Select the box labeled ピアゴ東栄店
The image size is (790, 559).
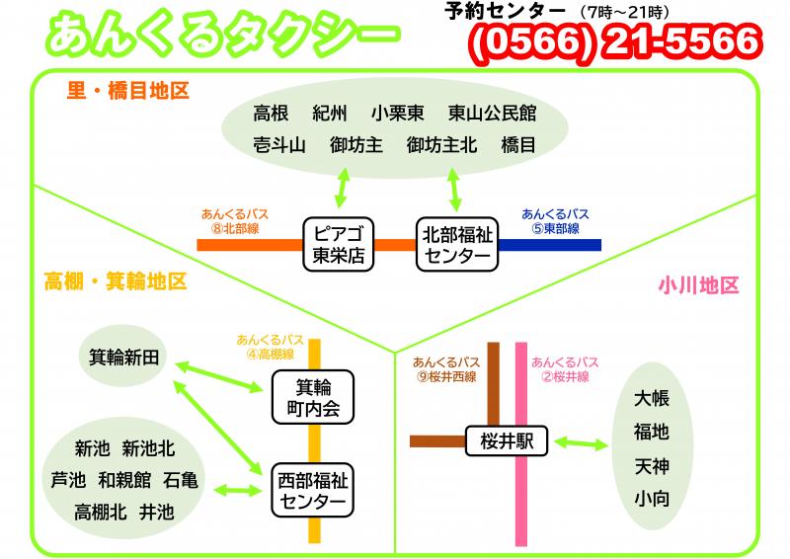coord(338,245)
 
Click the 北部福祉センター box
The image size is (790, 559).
coord(457,245)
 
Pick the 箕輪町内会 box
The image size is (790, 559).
coord(313,397)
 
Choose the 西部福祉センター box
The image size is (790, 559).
coord(312,491)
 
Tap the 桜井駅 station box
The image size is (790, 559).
coord(507,441)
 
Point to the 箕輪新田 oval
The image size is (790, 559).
coord(123,357)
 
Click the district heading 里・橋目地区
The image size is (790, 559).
coord(128,91)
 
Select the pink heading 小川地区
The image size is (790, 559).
coord(698,285)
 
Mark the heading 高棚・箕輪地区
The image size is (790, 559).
coord(116,281)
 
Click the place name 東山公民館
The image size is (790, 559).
coord(492,113)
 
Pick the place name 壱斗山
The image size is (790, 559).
coord(279,145)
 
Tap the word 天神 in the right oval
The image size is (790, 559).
coord(652,466)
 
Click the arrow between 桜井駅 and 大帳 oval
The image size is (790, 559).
coord(581,443)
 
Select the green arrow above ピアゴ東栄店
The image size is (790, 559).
coord(343,188)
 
